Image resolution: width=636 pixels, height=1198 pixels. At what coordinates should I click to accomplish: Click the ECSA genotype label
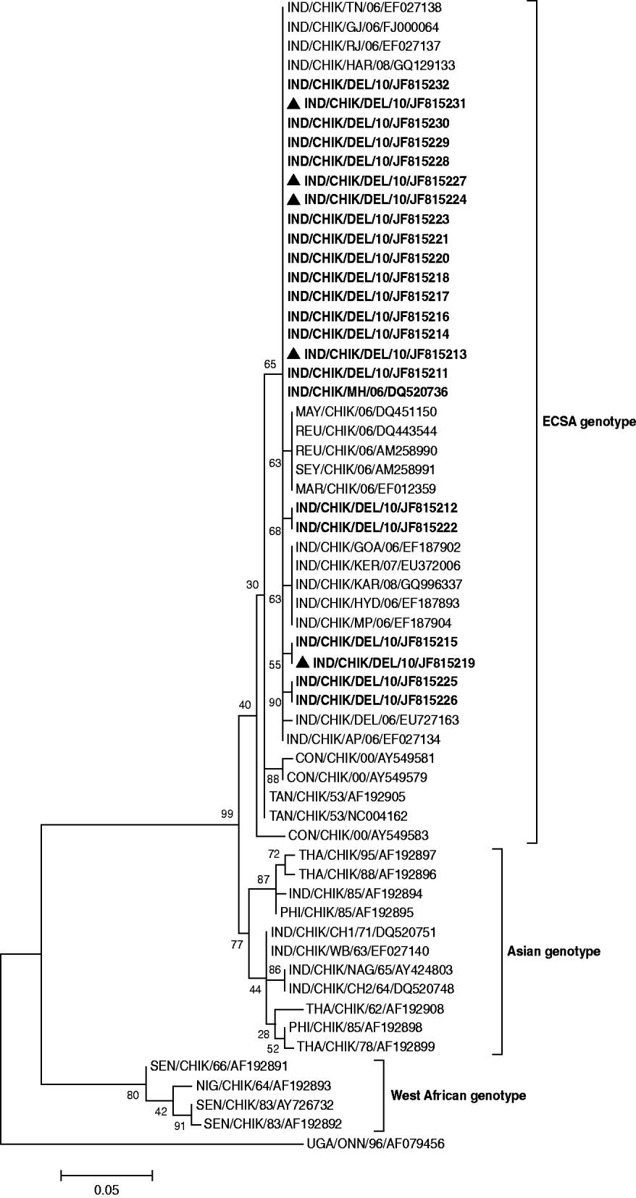coord(589,421)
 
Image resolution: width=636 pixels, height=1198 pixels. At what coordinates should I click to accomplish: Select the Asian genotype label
coord(553,951)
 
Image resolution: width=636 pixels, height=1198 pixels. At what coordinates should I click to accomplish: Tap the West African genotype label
coord(459,1095)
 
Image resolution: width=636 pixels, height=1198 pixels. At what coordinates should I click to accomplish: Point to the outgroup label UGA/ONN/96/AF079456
coord(376,1144)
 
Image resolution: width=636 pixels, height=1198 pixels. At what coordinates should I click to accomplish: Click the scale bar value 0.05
coord(106,1189)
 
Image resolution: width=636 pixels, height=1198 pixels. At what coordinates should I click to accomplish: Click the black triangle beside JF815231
coord(294,103)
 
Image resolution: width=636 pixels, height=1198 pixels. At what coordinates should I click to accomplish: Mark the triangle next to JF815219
coord(304,662)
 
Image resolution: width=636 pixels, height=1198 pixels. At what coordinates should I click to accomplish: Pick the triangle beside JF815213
coord(294,353)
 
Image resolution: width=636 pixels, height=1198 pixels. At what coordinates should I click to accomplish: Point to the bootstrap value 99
coord(227,814)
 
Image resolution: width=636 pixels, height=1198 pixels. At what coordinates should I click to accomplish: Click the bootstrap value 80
coord(133,1095)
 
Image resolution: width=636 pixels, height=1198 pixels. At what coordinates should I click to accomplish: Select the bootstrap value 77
coord(237,944)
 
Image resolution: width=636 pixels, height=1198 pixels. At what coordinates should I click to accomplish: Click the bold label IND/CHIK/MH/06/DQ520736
coord(367,392)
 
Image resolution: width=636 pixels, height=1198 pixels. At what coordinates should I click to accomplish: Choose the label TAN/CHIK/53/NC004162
coord(338,816)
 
